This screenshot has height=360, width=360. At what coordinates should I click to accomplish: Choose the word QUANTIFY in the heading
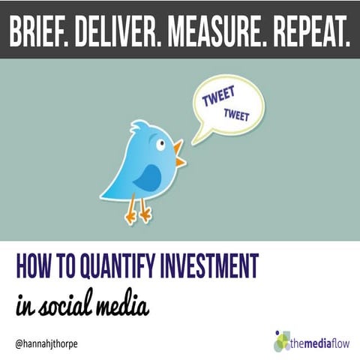tap(120, 265)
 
